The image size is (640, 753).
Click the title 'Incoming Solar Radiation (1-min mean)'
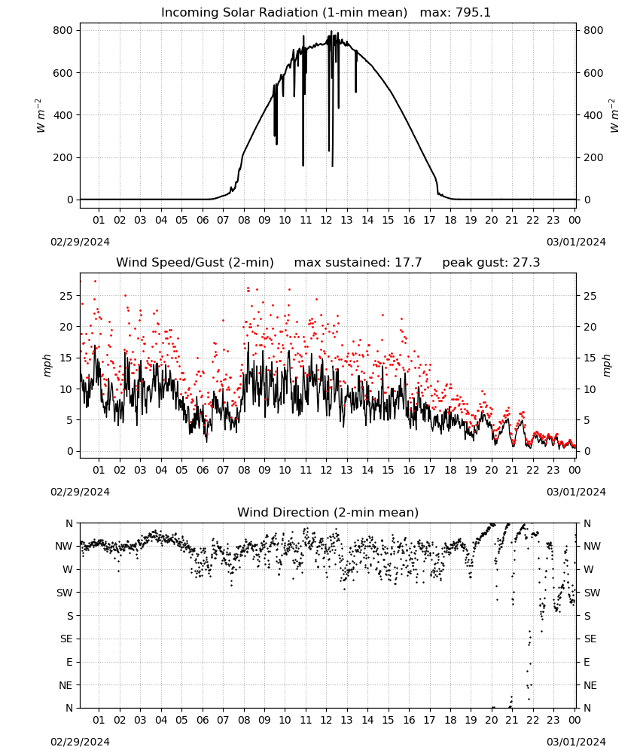(x=284, y=13)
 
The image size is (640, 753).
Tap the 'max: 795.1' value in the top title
(x=456, y=13)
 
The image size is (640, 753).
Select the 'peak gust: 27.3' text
(x=491, y=263)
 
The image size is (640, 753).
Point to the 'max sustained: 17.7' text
(x=358, y=263)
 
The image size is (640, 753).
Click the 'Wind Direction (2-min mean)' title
(x=328, y=512)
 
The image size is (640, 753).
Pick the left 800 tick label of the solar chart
(x=63, y=30)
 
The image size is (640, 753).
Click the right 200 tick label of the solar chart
(x=593, y=157)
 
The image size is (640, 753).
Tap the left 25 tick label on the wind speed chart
(x=66, y=296)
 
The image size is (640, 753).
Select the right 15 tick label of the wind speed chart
(x=590, y=358)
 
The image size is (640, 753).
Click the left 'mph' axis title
(x=47, y=365)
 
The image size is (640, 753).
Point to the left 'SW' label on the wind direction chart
(x=64, y=593)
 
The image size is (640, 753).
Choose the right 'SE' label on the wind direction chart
(x=590, y=639)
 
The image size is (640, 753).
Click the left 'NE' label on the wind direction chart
(x=66, y=685)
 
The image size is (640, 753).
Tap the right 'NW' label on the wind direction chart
(x=592, y=546)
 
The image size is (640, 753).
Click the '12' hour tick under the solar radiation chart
(x=326, y=220)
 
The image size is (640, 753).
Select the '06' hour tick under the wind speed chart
(x=203, y=470)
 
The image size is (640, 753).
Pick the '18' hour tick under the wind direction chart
(x=450, y=720)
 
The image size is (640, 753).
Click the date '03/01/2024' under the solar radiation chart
(x=576, y=242)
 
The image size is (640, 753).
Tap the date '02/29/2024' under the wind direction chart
(x=80, y=742)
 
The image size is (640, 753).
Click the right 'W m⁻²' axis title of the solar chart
(x=614, y=116)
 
